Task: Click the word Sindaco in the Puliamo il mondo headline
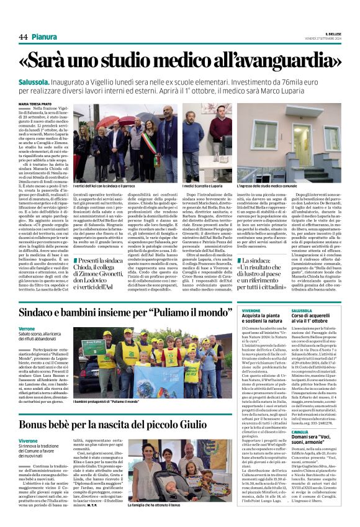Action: pos(43,313)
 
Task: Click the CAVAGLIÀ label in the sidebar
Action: pos(300,449)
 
